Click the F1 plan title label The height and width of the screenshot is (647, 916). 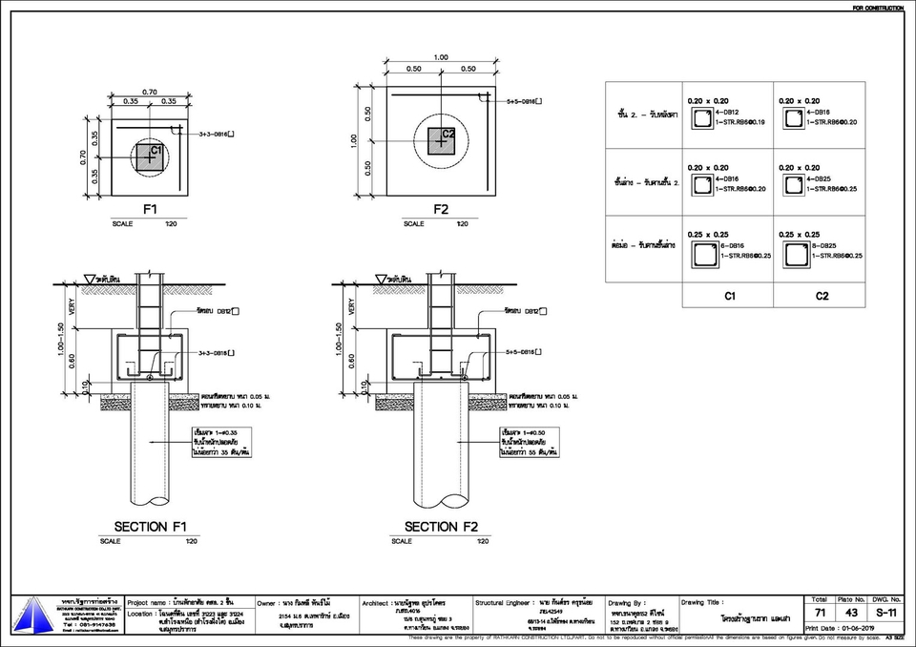(150, 209)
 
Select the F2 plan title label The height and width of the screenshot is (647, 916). (441, 209)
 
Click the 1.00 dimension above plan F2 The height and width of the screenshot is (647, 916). (441, 57)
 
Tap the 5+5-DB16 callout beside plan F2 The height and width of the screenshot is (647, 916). (525, 100)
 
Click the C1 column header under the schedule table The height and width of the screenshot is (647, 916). (728, 296)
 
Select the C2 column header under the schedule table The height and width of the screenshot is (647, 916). (822, 296)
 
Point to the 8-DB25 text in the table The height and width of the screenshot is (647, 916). (824, 246)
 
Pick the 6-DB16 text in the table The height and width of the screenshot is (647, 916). (733, 246)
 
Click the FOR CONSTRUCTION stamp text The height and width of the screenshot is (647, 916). (878, 8)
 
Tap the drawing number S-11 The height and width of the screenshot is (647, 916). (886, 612)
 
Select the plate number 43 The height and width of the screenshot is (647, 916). (852, 612)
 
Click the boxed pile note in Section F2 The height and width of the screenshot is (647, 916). (529, 444)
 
